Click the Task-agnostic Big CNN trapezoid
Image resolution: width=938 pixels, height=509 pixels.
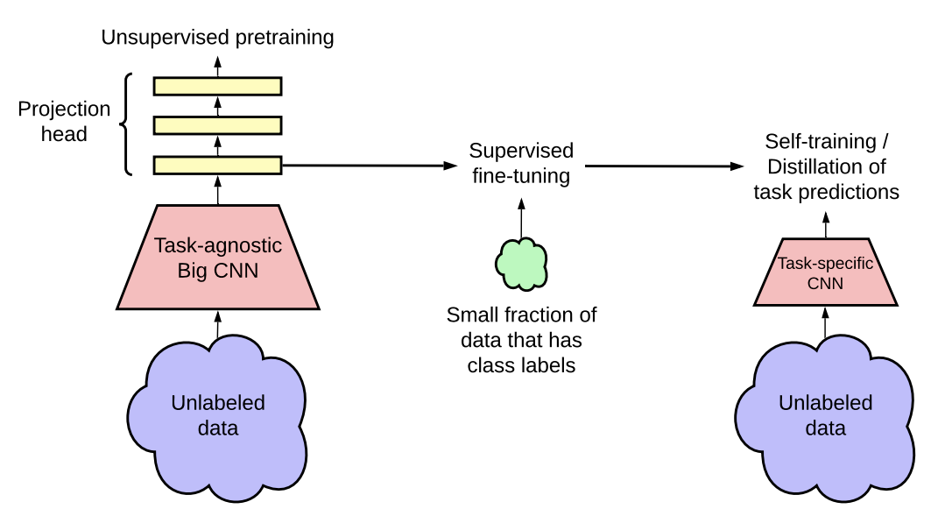(218, 258)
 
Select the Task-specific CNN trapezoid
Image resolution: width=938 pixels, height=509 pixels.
(825, 272)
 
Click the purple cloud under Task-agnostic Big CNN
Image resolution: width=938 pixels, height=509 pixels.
(218, 415)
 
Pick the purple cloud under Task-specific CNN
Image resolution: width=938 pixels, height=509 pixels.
(825, 415)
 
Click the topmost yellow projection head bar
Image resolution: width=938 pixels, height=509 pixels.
(218, 86)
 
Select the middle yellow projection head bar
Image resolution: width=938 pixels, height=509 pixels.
(218, 125)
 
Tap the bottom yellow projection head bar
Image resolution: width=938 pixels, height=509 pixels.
(218, 165)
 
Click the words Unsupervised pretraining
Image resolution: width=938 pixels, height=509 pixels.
(218, 38)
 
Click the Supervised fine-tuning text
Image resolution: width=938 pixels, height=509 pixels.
(521, 163)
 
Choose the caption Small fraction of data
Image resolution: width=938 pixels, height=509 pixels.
(521, 340)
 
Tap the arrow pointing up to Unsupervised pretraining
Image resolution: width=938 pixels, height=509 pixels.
(218, 65)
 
